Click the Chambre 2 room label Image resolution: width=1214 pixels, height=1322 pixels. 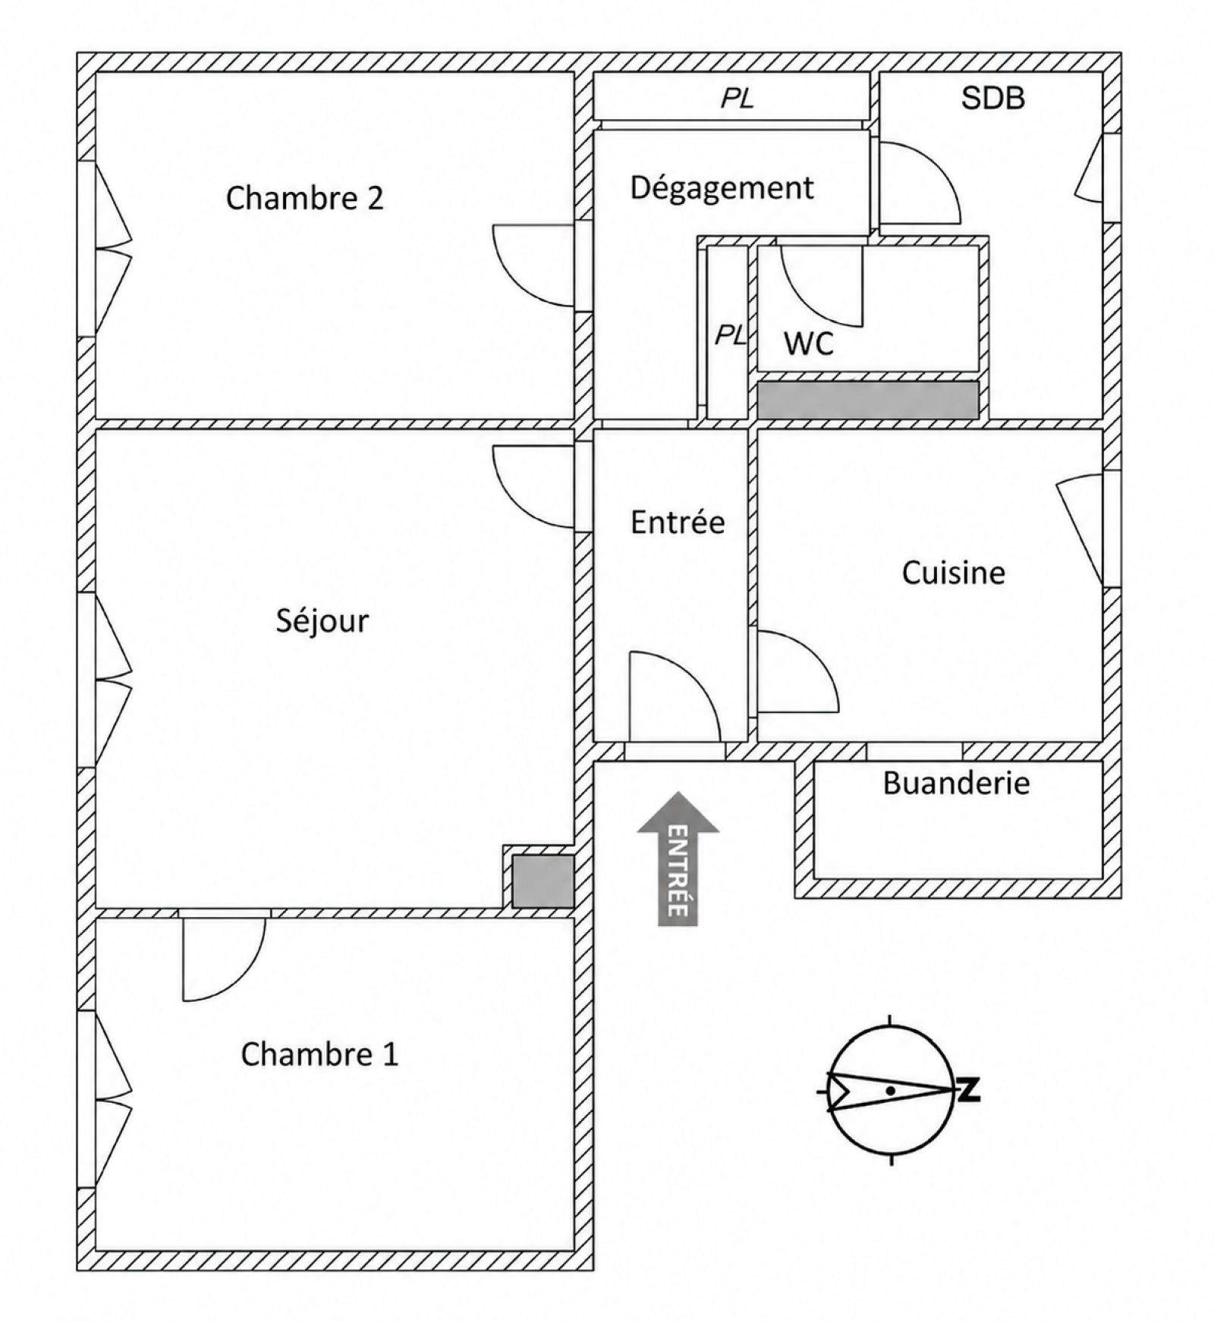click(304, 198)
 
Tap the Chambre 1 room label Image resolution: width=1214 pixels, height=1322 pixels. click(319, 1054)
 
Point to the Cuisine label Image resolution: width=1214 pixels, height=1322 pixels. click(953, 573)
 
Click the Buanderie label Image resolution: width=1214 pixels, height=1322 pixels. click(956, 783)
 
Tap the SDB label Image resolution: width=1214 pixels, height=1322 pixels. click(993, 98)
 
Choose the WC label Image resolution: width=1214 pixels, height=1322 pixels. click(809, 344)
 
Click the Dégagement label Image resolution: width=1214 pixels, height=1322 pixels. click(722, 188)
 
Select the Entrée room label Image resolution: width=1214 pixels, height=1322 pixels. click(678, 522)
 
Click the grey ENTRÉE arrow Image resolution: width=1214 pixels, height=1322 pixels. click(678, 859)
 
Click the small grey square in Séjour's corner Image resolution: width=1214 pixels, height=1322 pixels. click(543, 881)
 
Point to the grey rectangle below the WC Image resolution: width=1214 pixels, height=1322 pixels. click(868, 399)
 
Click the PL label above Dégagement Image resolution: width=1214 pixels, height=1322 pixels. click(738, 99)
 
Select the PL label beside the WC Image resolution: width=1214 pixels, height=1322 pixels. click(731, 334)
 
